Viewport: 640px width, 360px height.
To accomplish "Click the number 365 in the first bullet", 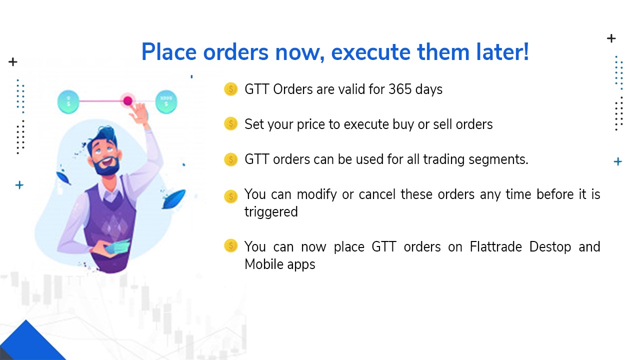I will coord(399,89).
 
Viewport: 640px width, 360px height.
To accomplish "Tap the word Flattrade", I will coord(495,247).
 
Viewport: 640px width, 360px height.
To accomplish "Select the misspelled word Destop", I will coord(550,247).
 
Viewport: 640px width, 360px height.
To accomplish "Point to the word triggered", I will coord(271,212).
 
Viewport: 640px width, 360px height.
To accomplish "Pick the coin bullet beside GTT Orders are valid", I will coord(230,89).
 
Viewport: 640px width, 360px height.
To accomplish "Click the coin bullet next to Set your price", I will coord(230,123).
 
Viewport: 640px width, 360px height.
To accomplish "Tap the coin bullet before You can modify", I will coord(230,196).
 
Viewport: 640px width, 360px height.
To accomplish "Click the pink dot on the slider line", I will coord(127,101).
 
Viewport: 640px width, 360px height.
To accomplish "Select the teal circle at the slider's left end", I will coord(68,101).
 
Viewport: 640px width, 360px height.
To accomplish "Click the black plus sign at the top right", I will coord(611,38).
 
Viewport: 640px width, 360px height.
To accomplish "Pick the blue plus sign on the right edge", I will coord(618,161).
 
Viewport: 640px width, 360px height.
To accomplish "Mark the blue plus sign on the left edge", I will coord(19,185).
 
